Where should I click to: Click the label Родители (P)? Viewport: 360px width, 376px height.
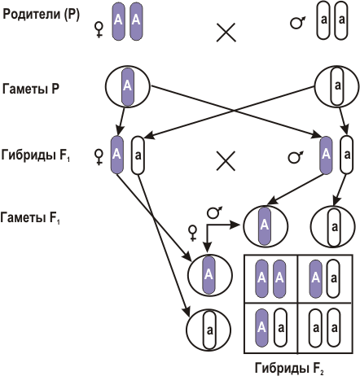[41, 15]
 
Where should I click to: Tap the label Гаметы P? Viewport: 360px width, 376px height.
[31, 89]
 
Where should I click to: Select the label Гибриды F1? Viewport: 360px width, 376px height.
[36, 155]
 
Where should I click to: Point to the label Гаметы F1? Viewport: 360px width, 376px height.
[30, 218]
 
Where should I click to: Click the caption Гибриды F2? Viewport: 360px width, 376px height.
[289, 369]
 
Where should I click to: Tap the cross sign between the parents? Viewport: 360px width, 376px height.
[226, 33]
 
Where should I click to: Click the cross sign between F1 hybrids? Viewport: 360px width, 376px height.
[226, 161]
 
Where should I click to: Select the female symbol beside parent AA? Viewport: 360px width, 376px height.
[99, 30]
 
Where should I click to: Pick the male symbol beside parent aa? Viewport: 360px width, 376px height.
[297, 23]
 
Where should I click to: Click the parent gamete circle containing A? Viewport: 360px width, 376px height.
[128, 87]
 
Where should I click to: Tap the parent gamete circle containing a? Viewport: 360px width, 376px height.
[336, 86]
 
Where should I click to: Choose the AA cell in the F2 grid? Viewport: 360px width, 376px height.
[271, 278]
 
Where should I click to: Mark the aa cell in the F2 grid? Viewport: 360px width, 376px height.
[325, 328]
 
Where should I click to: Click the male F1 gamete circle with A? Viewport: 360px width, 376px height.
[266, 226]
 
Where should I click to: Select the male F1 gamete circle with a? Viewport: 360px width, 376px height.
[333, 227]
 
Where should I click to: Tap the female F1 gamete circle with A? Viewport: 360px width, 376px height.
[210, 275]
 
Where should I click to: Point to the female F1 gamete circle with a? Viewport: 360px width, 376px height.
[209, 330]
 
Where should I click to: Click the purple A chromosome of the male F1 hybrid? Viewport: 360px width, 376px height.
[326, 155]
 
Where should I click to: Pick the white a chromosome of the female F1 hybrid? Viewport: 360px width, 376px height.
[138, 155]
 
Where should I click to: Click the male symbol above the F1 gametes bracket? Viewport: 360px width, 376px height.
[214, 212]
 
